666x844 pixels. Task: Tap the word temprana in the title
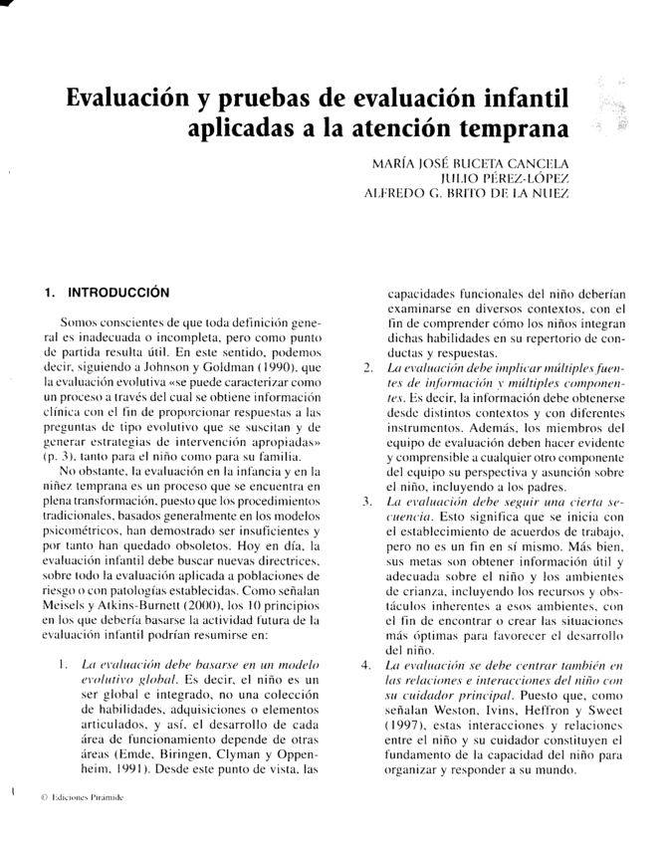click(508, 130)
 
